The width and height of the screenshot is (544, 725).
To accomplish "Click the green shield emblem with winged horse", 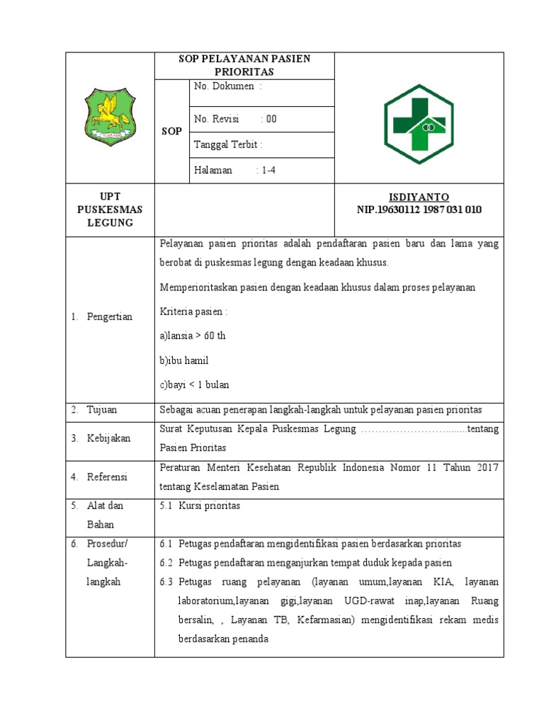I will click(109, 116).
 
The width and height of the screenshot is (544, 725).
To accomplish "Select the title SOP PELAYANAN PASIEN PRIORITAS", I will click(244, 65).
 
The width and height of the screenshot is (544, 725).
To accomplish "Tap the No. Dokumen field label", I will click(227, 86).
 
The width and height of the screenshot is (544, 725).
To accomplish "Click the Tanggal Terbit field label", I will click(228, 145).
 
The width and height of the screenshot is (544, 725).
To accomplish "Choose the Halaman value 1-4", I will click(268, 171).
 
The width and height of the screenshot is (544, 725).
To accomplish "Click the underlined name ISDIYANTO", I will click(419, 197).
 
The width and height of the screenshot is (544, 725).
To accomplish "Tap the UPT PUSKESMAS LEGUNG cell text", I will click(110, 210).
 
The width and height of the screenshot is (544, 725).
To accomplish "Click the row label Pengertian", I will click(110, 316).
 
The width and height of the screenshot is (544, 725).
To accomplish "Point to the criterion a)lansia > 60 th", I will click(193, 336).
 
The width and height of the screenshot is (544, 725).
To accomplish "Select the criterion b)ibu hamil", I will click(184, 360).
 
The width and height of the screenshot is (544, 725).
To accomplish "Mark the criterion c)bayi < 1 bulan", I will click(194, 384).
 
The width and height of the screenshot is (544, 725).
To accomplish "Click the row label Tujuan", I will click(102, 410).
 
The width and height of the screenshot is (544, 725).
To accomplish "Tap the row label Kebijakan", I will click(108, 438).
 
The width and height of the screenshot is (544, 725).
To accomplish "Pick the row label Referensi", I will click(107, 477).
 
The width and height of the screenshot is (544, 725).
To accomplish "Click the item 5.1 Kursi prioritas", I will click(200, 506).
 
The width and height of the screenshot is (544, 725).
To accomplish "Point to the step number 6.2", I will click(166, 562).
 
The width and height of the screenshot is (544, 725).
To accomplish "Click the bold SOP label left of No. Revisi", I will click(172, 132).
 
